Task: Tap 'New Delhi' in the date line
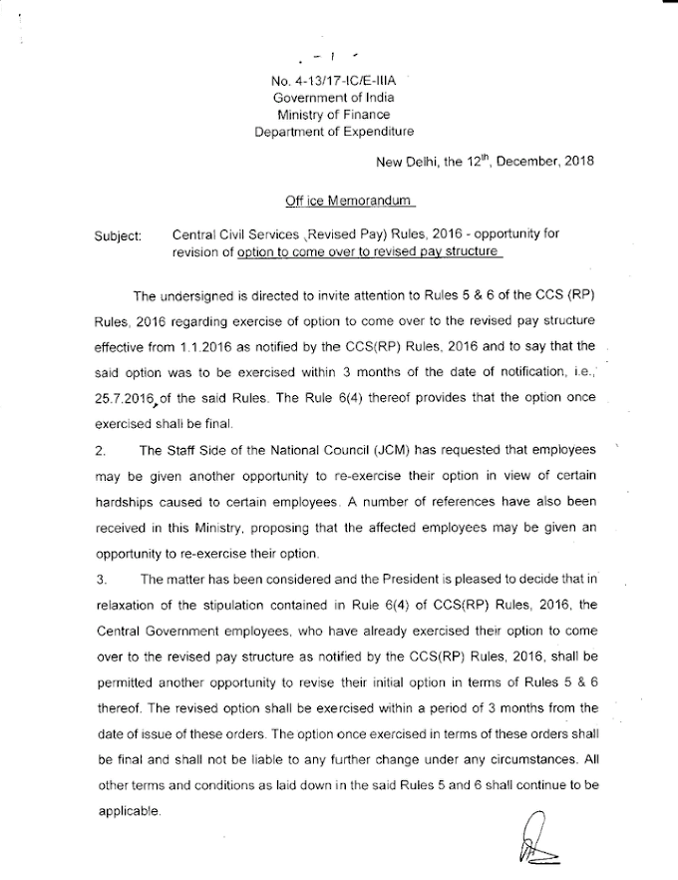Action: tap(405, 164)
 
